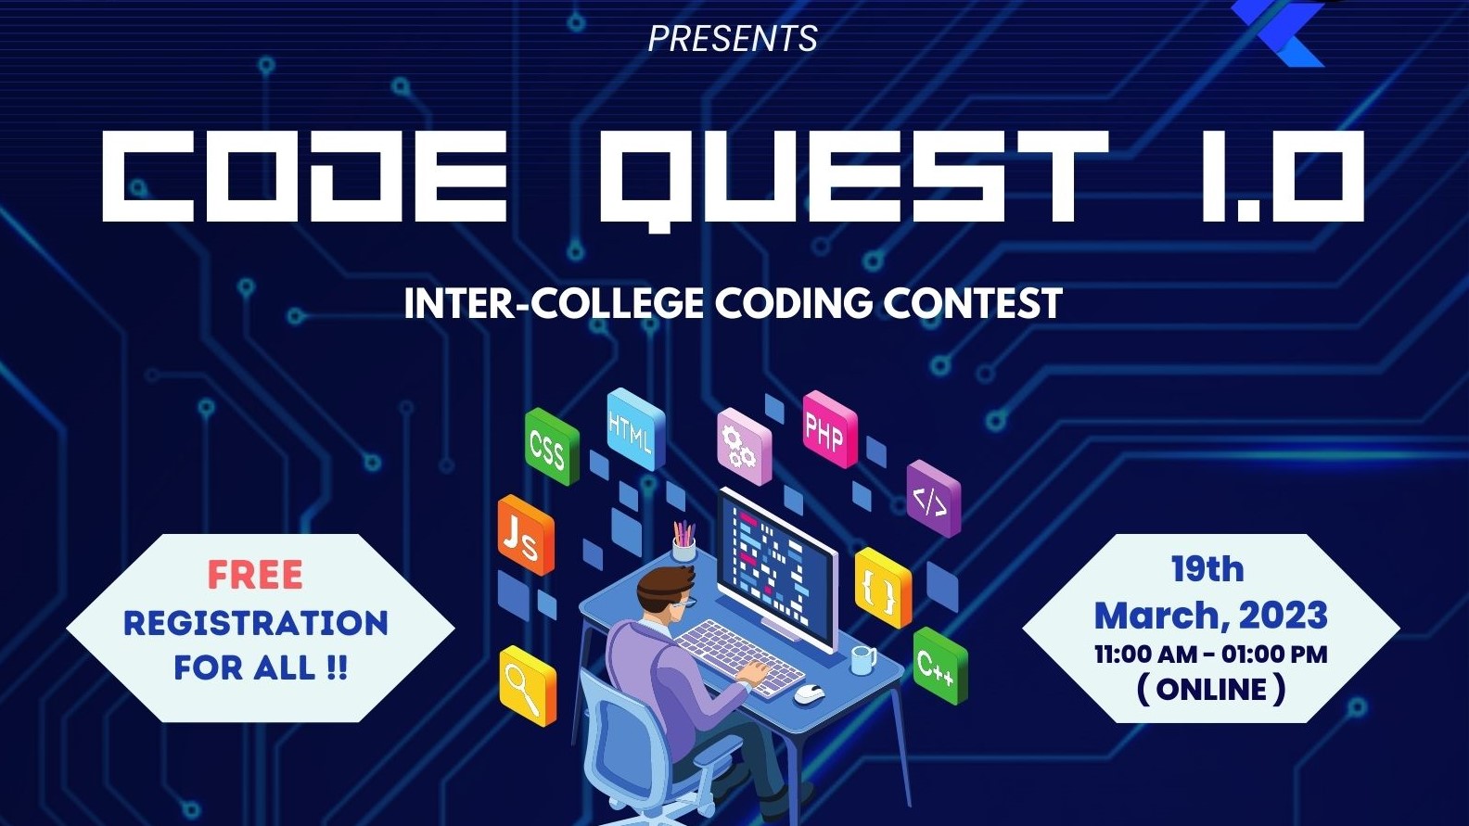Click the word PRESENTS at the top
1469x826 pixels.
732,39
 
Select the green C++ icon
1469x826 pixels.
938,665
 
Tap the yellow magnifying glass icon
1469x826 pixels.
526,687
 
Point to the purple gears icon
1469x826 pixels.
741,446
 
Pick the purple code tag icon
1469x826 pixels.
931,500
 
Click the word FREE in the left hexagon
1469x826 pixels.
255,575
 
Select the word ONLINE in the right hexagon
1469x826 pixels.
1211,690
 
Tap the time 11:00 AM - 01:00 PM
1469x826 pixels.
1210,654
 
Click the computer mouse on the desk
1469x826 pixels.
809,692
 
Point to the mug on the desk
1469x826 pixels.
862,660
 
